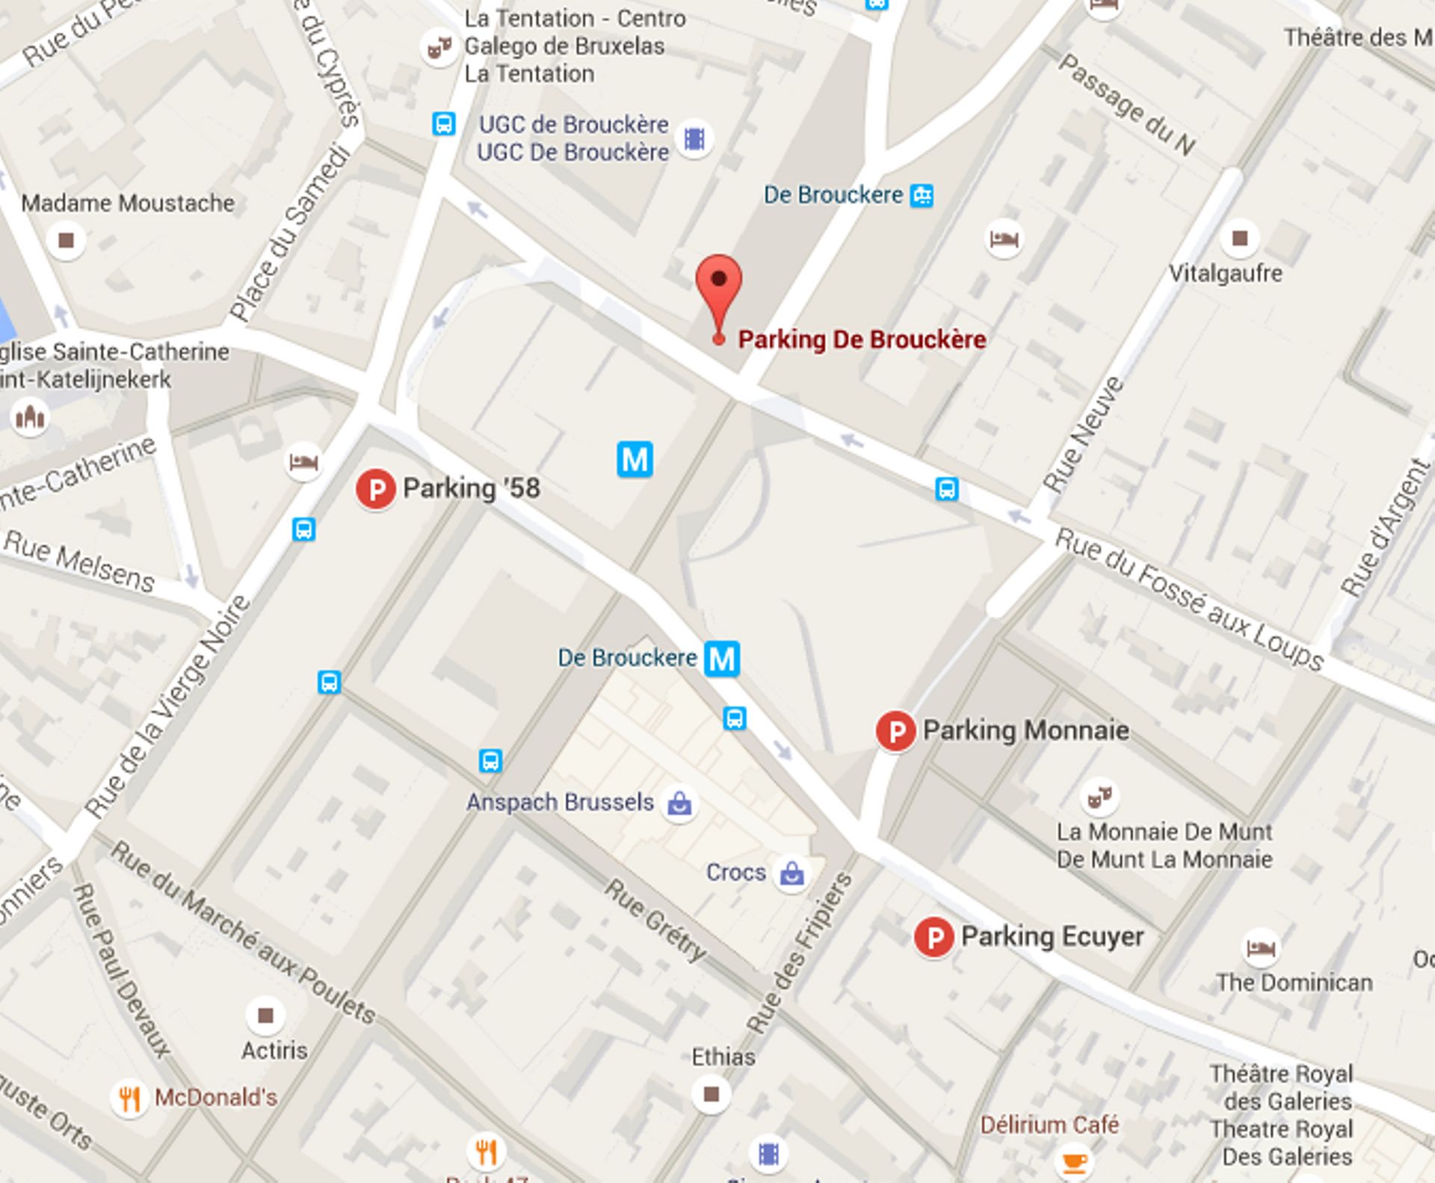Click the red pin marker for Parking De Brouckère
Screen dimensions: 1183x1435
coord(718,280)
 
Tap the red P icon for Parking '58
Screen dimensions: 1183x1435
coord(375,490)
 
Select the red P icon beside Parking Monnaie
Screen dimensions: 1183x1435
coord(895,731)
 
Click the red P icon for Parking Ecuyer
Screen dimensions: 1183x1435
coord(933,937)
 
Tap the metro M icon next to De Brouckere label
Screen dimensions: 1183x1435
coord(722,659)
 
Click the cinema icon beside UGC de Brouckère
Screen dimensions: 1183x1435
coord(694,139)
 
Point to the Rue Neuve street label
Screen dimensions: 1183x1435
coord(1083,434)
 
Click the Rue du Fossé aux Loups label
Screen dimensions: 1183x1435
coord(1188,599)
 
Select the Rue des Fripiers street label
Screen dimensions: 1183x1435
coord(800,953)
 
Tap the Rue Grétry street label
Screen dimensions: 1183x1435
coord(655,921)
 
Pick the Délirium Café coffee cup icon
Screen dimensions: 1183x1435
coord(1074,1161)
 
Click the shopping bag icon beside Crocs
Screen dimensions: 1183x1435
coord(791,873)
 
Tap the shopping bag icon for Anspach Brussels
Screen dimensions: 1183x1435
coord(679,804)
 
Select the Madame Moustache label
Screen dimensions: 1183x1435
coord(128,203)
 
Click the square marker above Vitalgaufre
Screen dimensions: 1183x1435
coord(1240,239)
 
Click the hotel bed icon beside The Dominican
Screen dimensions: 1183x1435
coord(1261,948)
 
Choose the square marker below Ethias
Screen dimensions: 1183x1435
coord(711,1095)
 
